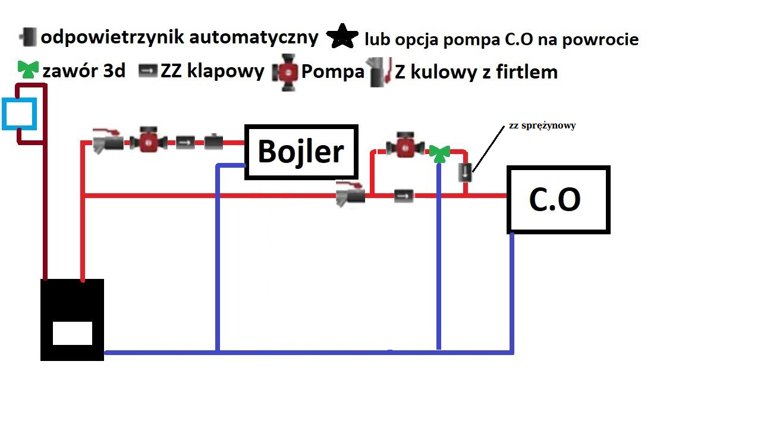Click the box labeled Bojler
point(301,152)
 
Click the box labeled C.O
point(558,200)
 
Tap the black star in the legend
point(342,36)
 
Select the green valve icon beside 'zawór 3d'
point(28,70)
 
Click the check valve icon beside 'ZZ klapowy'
point(148,71)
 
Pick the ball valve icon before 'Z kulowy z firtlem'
point(379,72)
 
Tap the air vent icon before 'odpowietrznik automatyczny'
point(28,37)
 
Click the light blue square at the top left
point(19,114)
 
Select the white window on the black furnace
point(73,333)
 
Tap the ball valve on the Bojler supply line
point(108,141)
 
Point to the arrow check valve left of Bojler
point(186,143)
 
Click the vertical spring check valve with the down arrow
point(465,172)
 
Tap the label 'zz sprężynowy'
point(542,125)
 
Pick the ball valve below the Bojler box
point(351,194)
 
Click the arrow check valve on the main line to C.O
point(404,196)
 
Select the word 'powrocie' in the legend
point(601,40)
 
